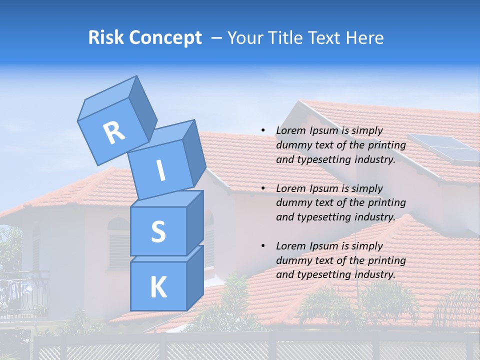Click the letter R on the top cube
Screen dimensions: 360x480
(114, 132)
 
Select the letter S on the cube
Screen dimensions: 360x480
(158, 231)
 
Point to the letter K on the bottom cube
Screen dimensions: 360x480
(158, 287)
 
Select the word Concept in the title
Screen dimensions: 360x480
(164, 38)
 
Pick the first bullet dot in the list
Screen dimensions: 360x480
(263, 130)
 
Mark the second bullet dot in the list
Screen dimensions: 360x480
(263, 188)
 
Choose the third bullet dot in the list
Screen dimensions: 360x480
(263, 246)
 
